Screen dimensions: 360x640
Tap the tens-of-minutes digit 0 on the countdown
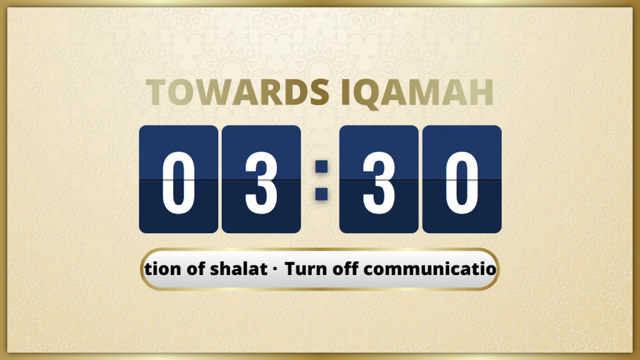click(178, 180)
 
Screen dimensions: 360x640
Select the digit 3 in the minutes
click(261, 180)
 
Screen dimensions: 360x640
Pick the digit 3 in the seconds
click(379, 180)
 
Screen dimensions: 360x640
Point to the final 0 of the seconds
click(462, 180)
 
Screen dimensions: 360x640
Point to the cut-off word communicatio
click(430, 269)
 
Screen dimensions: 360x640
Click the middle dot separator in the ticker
click(277, 270)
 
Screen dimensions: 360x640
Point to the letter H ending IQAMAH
click(479, 93)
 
